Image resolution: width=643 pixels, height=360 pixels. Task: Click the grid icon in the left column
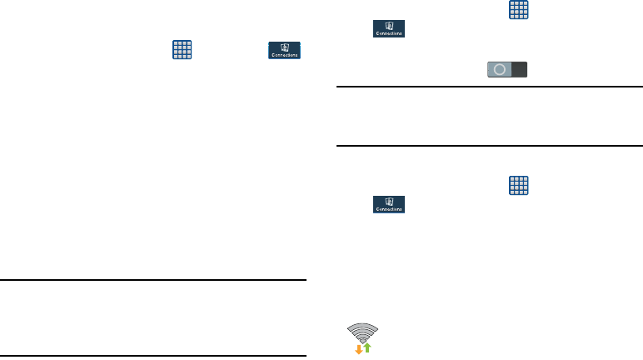click(x=182, y=49)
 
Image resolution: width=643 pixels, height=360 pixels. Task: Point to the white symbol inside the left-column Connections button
click(x=285, y=47)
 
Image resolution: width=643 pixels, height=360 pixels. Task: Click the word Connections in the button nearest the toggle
click(x=388, y=34)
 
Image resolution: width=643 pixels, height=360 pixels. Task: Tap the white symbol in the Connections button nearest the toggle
click(x=388, y=27)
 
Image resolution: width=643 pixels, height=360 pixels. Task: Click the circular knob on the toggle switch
click(x=499, y=70)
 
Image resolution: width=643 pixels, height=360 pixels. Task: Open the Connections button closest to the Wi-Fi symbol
click(x=388, y=204)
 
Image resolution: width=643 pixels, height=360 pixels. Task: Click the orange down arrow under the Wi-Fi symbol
click(x=359, y=347)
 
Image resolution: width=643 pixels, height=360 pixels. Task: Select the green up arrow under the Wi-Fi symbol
click(x=367, y=346)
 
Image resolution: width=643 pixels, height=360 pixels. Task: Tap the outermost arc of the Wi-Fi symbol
click(x=363, y=326)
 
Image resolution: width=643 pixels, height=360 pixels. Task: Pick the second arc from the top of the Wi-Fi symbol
click(x=363, y=331)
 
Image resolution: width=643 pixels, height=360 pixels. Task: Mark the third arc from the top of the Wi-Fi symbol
click(x=363, y=335)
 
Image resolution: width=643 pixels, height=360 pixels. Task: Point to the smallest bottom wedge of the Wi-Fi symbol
click(x=363, y=340)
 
